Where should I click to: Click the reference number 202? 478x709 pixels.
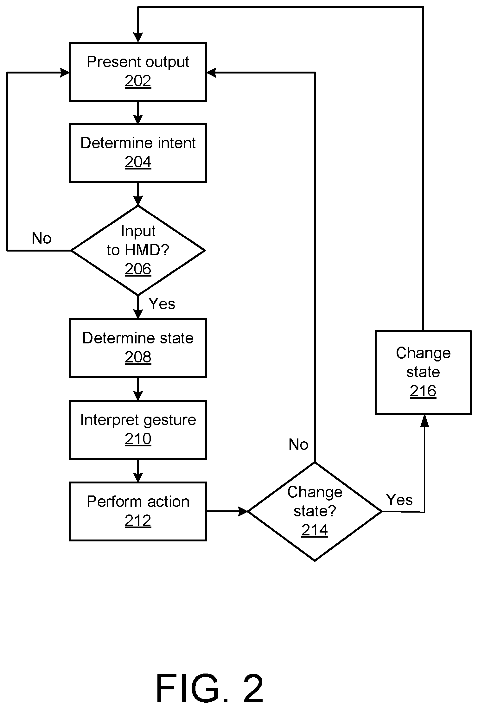(138, 81)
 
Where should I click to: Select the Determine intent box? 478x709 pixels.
(138, 153)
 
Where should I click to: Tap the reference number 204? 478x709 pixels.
(138, 162)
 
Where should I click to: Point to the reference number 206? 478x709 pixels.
(138, 269)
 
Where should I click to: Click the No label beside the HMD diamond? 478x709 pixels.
(41, 238)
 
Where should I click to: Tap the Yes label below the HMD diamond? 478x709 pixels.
(162, 304)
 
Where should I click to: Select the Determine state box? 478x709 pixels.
(138, 348)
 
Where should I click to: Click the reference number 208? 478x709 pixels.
(138, 357)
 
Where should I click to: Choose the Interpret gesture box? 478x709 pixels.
(138, 430)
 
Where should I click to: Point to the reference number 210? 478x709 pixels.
(138, 439)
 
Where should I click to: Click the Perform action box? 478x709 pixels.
(138, 511)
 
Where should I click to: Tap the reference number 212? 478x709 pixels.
(138, 521)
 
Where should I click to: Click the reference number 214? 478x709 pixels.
(315, 530)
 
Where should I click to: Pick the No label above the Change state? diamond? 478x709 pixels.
(298, 445)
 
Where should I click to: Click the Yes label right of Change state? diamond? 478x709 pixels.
(399, 500)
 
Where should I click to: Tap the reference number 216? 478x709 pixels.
(423, 391)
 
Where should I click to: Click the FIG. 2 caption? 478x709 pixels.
(210, 689)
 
